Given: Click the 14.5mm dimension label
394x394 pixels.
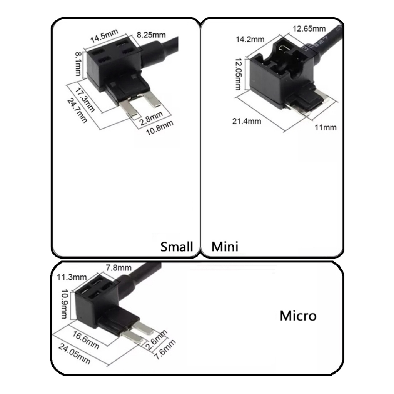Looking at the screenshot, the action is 104,36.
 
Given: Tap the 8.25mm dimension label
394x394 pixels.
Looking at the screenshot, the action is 151,35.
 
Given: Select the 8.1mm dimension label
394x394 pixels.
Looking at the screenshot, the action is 78,64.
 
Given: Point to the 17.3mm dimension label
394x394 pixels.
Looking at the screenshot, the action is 85,100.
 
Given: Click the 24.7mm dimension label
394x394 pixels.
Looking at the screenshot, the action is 77,110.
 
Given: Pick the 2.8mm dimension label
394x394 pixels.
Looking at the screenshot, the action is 151,118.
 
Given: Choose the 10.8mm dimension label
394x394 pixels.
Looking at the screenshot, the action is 160,128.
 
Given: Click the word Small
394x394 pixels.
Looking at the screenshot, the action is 177,247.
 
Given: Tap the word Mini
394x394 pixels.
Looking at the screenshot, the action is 225,247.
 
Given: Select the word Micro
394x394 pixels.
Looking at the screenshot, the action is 298,316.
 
